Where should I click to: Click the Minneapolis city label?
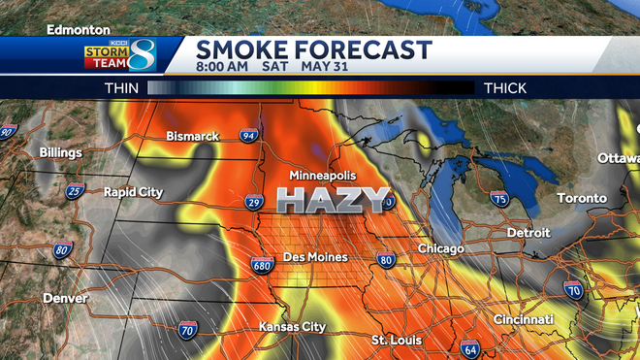(324, 176)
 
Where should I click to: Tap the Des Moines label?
(314, 257)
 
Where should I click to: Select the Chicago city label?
(441, 249)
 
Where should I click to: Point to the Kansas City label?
(292, 327)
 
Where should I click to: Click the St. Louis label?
(396, 340)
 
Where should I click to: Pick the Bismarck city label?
(192, 136)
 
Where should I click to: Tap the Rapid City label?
(134, 192)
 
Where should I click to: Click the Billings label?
(61, 152)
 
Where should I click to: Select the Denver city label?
(64, 298)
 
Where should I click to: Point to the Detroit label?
(528, 233)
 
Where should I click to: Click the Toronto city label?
(581, 199)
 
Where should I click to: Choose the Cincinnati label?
(523, 319)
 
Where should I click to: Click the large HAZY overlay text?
(333, 201)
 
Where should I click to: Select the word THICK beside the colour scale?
(505, 87)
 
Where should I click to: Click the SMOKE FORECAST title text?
(313, 49)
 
